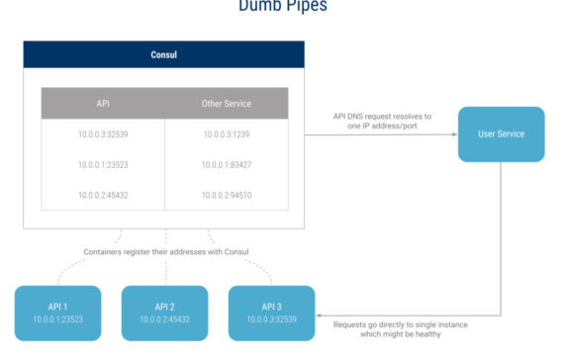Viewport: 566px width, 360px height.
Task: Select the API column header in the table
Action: coord(103,103)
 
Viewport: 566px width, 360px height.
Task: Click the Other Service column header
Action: coord(227,103)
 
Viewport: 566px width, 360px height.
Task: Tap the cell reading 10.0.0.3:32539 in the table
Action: coord(103,135)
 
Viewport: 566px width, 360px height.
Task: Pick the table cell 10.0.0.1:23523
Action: coord(103,164)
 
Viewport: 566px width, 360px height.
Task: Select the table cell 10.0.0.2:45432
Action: coord(103,195)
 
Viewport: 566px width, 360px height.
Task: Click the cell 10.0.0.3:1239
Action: coord(227,135)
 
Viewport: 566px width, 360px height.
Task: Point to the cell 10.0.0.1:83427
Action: coord(227,164)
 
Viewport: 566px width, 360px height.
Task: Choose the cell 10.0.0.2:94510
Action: coord(227,195)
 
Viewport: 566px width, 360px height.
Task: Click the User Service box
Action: coord(501,135)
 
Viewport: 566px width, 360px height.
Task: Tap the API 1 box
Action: coord(57,313)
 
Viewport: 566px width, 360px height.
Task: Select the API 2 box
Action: coord(164,313)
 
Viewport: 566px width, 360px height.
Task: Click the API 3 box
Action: coord(271,313)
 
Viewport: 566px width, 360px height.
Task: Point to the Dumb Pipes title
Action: coord(283,7)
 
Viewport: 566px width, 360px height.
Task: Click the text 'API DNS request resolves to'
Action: coord(382,116)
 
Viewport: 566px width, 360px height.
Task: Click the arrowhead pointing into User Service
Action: coord(453,135)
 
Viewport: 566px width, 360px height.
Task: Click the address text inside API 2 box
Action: coord(164,320)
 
